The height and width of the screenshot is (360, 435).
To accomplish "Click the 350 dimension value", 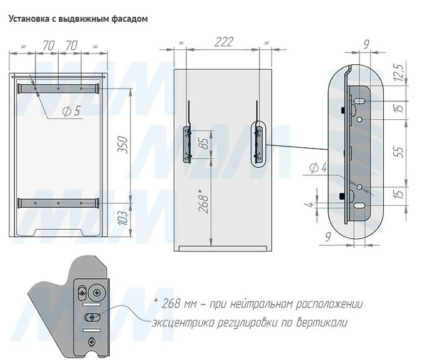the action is (122, 145).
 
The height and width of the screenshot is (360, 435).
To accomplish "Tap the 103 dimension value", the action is (122, 218).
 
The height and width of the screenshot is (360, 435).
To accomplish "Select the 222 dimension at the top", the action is (223, 42).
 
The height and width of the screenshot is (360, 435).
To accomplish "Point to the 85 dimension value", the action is (204, 144).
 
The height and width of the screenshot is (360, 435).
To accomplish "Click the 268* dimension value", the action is (204, 201).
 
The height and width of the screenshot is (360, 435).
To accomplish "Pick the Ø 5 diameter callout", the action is (71, 111).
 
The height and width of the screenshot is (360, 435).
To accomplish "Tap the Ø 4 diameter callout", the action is (318, 168).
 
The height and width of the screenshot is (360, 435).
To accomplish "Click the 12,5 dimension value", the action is (399, 72).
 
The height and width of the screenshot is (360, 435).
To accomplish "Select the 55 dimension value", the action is (399, 152).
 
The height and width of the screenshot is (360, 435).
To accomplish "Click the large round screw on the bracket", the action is (97, 293).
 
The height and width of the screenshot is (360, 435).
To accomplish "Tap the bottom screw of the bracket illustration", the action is (91, 341).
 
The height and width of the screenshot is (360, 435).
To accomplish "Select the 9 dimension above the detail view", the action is (366, 44).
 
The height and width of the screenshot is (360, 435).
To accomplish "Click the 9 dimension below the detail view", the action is (328, 237).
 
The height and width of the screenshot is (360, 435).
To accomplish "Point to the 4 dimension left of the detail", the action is (310, 205).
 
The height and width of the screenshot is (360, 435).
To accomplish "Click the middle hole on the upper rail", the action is (58, 89).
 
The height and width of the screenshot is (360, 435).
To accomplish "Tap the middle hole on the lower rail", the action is (58, 203).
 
